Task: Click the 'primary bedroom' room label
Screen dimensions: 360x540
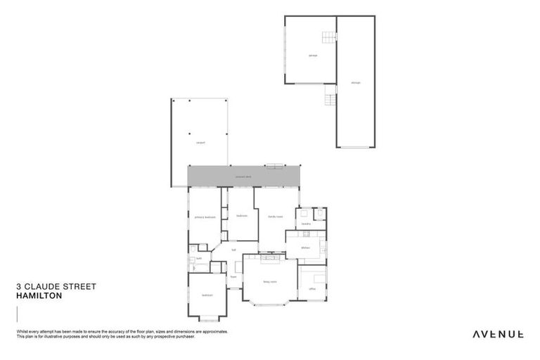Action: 204,217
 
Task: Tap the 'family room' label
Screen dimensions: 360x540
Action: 275,217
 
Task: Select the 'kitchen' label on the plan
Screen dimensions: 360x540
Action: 305,247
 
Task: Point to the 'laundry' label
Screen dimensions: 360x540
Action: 306,224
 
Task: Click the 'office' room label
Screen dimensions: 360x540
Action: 312,288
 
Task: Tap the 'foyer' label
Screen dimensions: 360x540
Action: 233,276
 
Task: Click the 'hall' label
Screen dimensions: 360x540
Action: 234,250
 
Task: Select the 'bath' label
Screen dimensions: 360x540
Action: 199,259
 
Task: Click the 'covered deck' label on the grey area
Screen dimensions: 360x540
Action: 243,176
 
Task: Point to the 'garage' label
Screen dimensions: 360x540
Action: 313,55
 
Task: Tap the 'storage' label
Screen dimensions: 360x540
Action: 355,83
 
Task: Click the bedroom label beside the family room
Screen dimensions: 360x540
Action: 241,216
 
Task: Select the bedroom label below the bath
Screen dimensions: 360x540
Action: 207,295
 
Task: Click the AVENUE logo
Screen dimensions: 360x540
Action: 497,334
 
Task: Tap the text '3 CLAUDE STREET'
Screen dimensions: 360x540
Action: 56,287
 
